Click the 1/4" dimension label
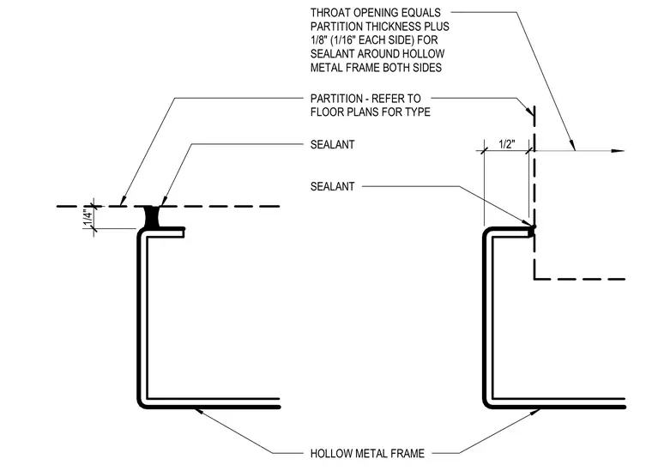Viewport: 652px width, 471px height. tap(88, 218)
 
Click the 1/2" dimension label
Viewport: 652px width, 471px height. tap(506, 144)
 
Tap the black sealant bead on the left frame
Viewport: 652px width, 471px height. tap(151, 216)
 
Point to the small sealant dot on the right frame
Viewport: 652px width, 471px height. tap(533, 226)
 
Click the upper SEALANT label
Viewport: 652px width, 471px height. tap(332, 145)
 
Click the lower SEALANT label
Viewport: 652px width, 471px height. tap(332, 186)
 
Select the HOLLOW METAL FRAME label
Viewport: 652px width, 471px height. tap(367, 453)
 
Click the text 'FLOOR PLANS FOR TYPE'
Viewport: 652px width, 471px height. tap(370, 112)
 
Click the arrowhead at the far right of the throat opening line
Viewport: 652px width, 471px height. tap(619, 151)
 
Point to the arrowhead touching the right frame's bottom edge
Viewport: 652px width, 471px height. tap(535, 412)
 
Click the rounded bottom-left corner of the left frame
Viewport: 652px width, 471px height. tap(142, 404)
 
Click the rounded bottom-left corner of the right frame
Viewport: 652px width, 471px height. tap(486, 404)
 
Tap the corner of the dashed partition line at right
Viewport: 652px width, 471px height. tap(534, 279)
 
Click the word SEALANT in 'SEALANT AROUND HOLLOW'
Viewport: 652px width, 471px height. tap(332, 54)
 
